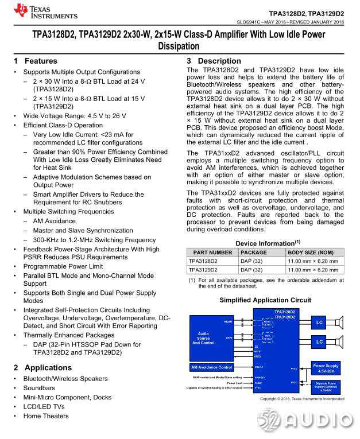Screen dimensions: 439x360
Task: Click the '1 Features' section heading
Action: coord(36,61)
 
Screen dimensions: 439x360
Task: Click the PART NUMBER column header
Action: coord(212,252)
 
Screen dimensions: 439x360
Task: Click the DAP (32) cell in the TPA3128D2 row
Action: coord(251,261)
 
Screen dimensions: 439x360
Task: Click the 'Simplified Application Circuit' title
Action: coord(265,300)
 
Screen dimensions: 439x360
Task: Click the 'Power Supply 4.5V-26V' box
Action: coord(325,368)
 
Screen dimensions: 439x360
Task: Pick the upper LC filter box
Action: coord(319,323)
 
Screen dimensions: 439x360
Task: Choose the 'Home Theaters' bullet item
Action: coord(45,416)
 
